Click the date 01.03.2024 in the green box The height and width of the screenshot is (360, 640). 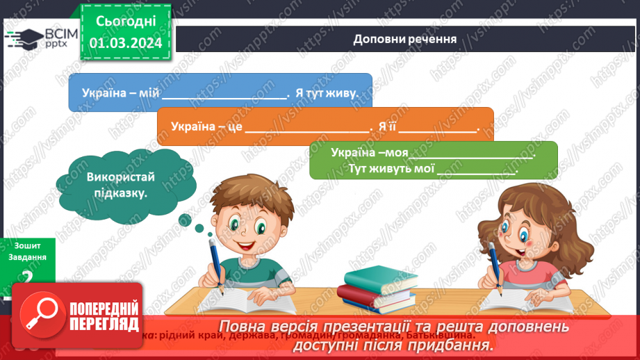tap(125, 43)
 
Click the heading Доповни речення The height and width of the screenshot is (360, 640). tap(404, 39)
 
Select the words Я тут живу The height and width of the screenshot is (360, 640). tap(327, 92)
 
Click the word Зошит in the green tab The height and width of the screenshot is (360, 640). tap(26, 245)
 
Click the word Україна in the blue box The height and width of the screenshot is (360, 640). tap(104, 92)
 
